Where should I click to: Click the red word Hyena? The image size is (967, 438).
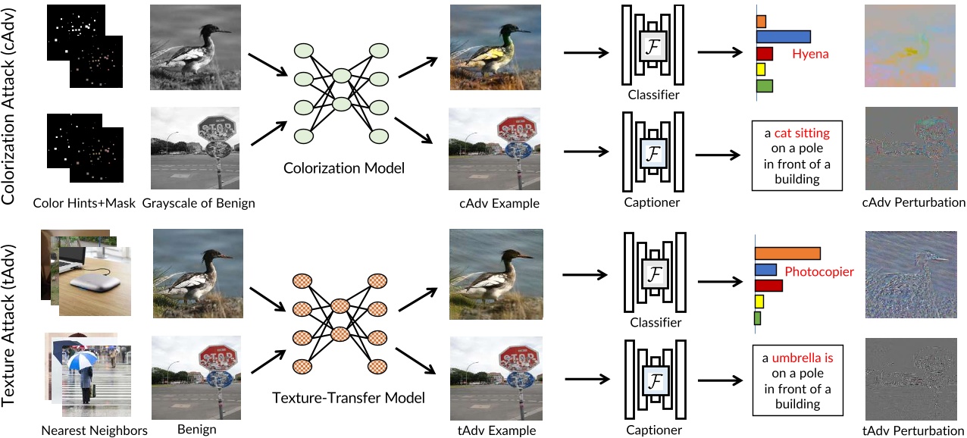[x=810, y=55]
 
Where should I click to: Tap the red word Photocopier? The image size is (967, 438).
[x=819, y=271]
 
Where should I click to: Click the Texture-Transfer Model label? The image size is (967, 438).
[x=349, y=397]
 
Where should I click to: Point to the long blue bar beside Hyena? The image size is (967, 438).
[x=784, y=36]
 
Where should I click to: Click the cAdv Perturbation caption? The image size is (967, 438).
[x=914, y=202]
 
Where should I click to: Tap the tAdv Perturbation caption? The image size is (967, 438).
[x=914, y=430]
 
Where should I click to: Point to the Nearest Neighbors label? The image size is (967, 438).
[x=95, y=430]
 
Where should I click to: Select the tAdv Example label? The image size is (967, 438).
[x=497, y=430]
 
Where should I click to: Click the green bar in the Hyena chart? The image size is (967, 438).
[x=765, y=86]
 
